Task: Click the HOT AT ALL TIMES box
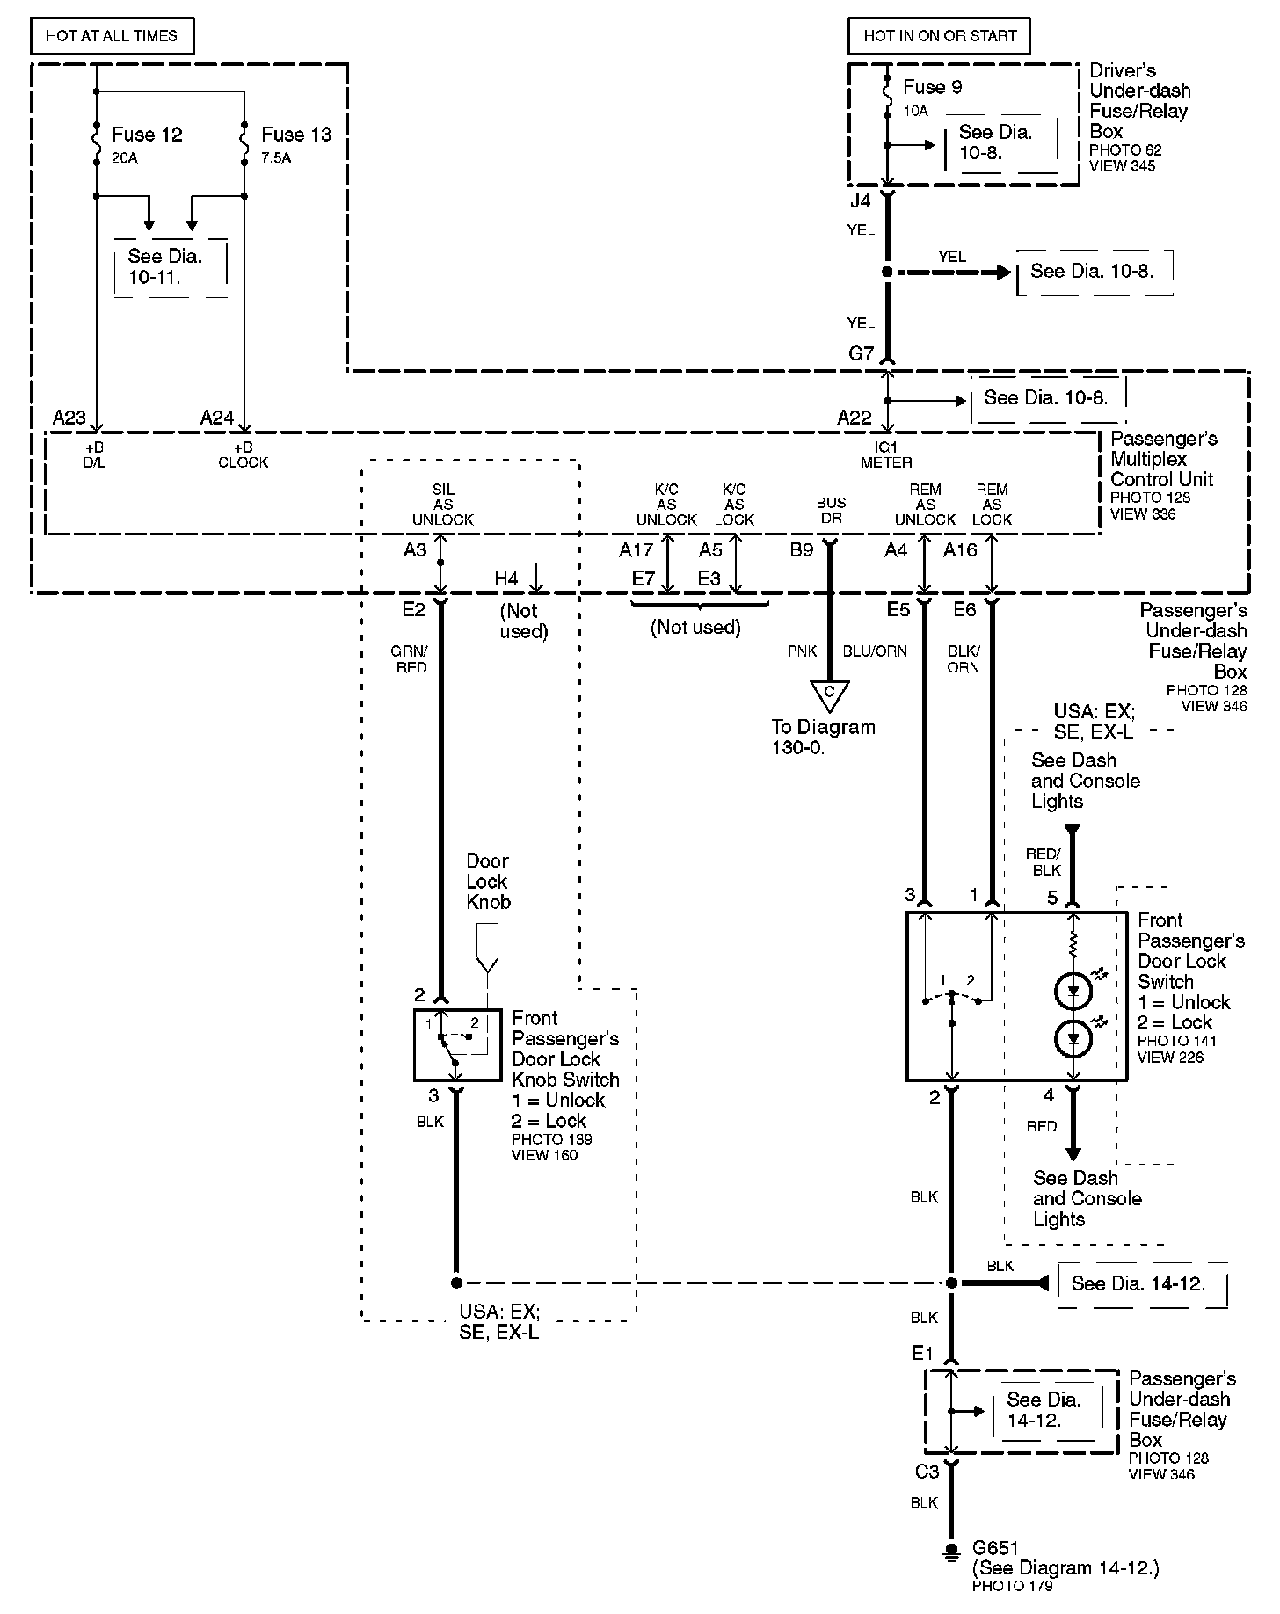[x=112, y=36]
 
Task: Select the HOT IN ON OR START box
[x=940, y=36]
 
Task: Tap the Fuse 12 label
[x=147, y=134]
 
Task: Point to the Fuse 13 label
[x=296, y=134]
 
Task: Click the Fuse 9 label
[x=932, y=87]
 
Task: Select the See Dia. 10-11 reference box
[x=171, y=267]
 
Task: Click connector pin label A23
[x=69, y=417]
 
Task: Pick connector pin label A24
[x=217, y=417]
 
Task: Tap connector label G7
[x=862, y=353]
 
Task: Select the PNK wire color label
[x=803, y=651]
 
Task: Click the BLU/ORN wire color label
[x=875, y=651]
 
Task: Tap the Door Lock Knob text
[x=488, y=881]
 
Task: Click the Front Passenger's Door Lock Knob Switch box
[x=457, y=1045]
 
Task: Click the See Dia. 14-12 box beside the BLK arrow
[x=1142, y=1284]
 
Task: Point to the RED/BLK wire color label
[x=1044, y=862]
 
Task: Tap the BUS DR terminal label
[x=831, y=510]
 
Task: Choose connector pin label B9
[x=802, y=550]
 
